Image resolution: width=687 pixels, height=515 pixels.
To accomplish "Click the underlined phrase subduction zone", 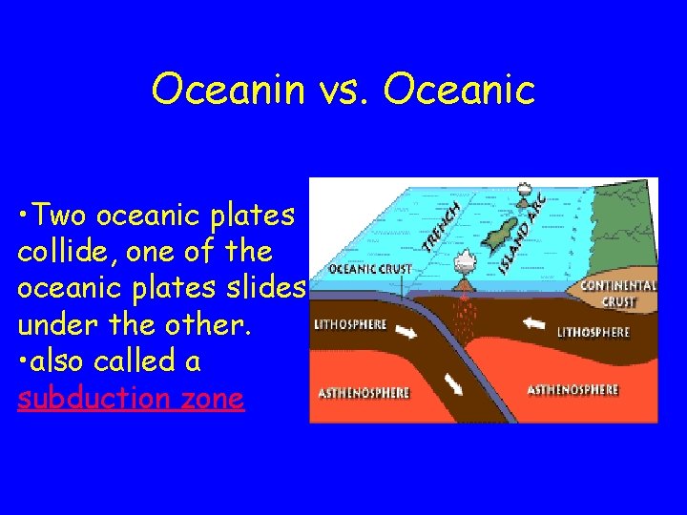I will click(131, 398).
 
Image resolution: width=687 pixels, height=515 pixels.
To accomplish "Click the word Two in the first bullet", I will click(65, 216).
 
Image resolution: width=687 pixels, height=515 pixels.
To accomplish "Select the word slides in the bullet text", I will click(268, 289).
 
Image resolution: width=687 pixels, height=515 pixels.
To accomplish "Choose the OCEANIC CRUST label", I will click(370, 270).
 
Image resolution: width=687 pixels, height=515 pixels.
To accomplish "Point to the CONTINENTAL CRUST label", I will click(618, 293).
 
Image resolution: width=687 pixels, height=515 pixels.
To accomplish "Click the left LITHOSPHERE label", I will click(350, 324).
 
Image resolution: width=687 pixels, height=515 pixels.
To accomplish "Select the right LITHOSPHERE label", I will click(593, 332).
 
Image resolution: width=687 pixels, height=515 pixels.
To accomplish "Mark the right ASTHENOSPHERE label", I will click(572, 390).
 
